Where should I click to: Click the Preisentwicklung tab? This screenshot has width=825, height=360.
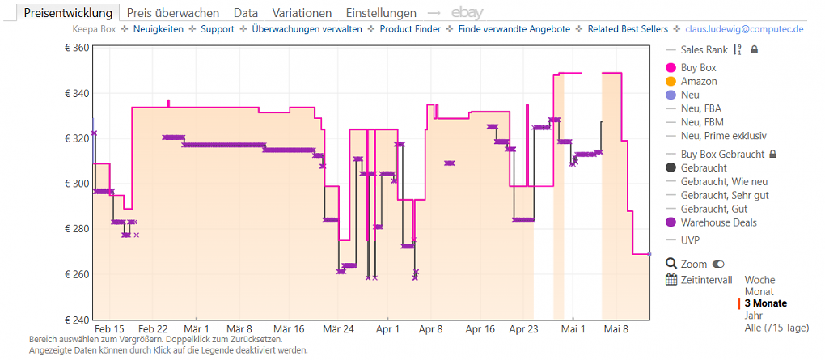coord(68,13)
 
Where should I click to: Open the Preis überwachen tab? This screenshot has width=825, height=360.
coord(174,13)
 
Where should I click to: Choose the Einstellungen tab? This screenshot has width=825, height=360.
coord(381,13)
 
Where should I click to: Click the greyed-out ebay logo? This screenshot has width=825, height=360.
coord(467,13)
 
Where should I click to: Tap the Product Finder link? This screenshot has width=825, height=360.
coord(410,29)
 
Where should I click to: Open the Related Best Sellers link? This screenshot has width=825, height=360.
coord(628,29)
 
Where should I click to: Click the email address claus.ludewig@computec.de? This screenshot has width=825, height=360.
coord(744,29)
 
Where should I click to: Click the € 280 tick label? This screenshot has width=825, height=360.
coord(74,229)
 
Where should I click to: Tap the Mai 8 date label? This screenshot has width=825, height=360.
coord(616,329)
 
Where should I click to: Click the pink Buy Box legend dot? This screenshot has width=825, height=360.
coord(671,68)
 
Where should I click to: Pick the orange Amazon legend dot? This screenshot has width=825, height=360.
coord(671,82)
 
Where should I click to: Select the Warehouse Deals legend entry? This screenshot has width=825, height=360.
coord(711,222)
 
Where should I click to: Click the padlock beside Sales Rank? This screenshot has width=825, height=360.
coord(754,50)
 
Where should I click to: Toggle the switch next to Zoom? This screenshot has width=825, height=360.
coord(717,265)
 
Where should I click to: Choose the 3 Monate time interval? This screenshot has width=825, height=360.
coord(766,303)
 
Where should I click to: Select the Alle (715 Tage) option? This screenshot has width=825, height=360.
coord(776,328)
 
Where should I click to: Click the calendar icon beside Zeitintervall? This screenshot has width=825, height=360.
coord(671,280)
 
